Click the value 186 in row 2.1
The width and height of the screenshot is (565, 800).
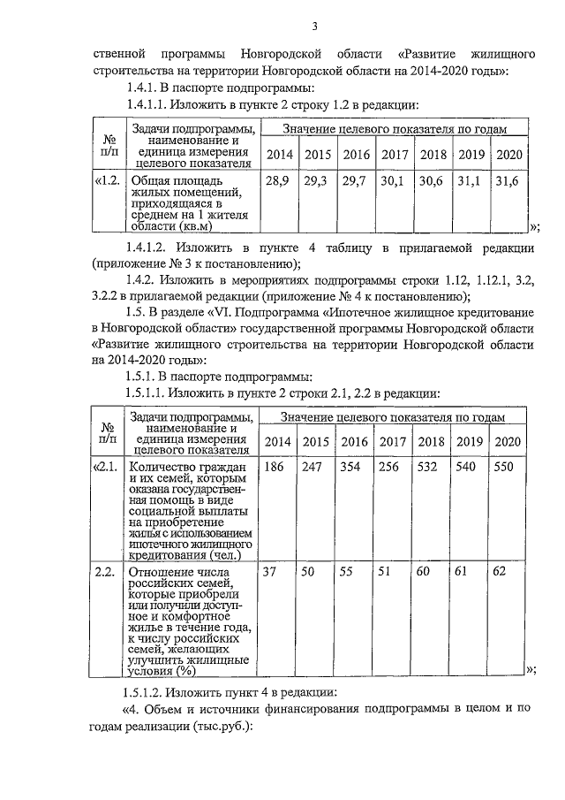(x=275, y=467)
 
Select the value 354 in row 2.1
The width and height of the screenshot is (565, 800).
(x=351, y=467)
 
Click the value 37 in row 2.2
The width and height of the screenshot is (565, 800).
(x=271, y=572)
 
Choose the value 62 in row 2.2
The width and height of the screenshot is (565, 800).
(x=500, y=572)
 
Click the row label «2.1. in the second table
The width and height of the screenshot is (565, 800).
(x=107, y=467)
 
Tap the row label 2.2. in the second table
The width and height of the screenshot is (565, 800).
(x=107, y=572)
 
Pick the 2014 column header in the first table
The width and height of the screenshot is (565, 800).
(x=279, y=155)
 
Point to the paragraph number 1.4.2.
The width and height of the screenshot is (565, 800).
(x=148, y=279)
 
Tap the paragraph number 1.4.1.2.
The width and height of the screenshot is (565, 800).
(x=155, y=245)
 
